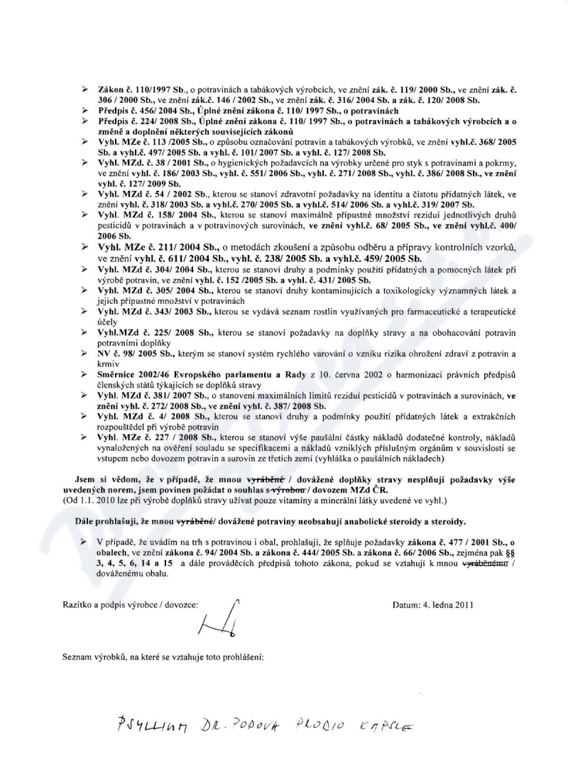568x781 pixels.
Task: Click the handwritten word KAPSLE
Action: click(x=388, y=725)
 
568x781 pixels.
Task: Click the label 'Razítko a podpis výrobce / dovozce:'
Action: click(x=130, y=605)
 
